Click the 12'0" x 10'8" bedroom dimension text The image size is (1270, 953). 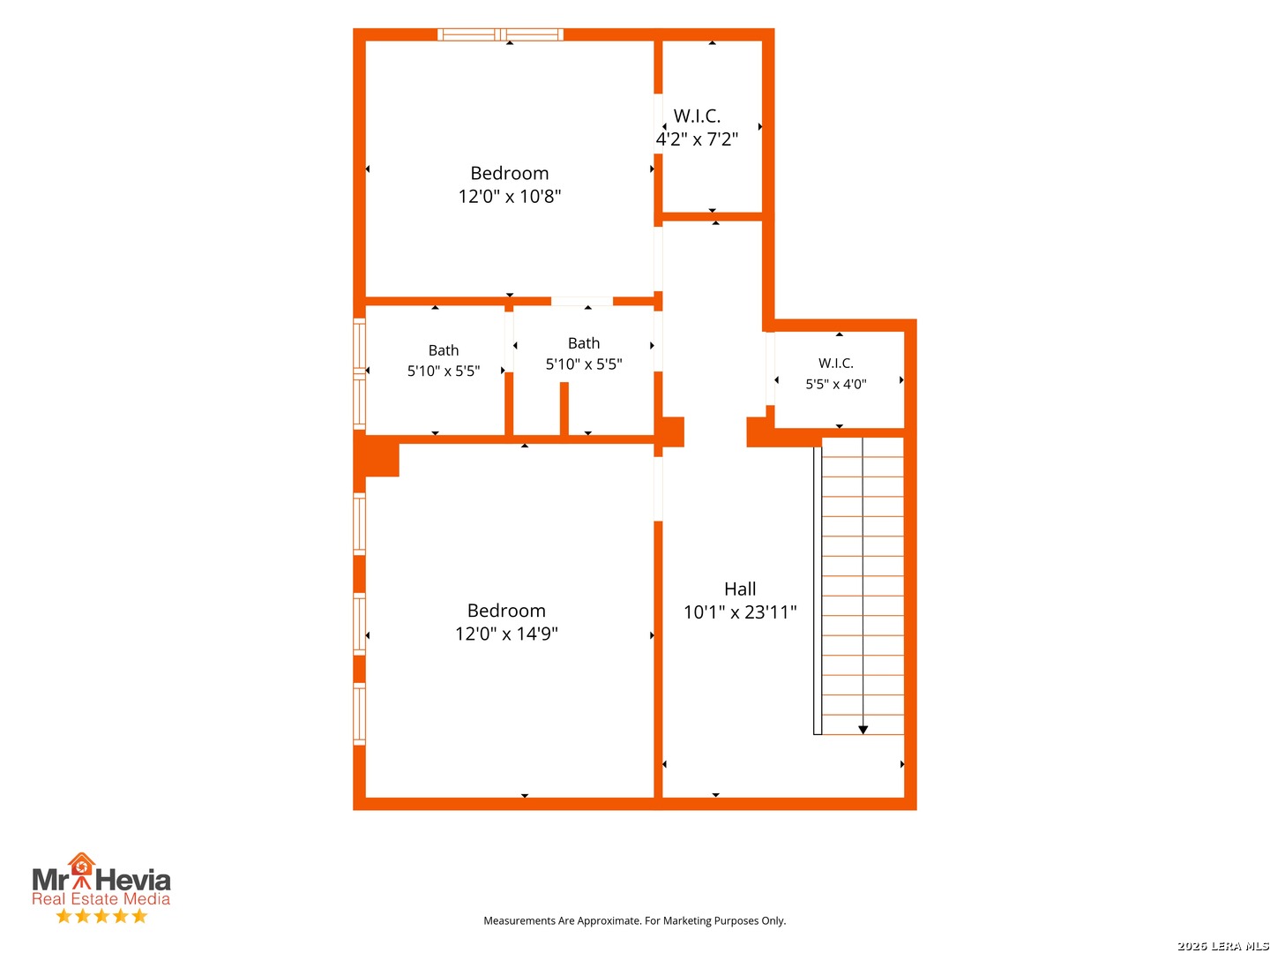[509, 197]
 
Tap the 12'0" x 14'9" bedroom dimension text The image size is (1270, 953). [506, 634]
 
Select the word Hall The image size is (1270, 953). [740, 589]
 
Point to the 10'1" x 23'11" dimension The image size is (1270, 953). [740, 612]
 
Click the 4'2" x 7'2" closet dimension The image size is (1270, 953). [697, 139]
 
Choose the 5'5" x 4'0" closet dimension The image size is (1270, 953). [836, 384]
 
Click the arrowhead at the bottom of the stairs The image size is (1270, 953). [863, 731]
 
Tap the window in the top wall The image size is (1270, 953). [500, 34]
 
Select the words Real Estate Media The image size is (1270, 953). [101, 899]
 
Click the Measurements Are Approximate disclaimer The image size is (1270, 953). [634, 920]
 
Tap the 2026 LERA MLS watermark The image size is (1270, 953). [1222, 946]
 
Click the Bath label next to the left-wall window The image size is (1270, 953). [444, 350]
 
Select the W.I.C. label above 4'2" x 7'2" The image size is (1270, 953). [697, 116]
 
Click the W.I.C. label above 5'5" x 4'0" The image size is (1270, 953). [835, 364]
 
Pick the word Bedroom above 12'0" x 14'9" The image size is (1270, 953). [506, 611]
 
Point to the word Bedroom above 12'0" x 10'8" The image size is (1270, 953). [509, 173]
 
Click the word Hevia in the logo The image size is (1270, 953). [133, 881]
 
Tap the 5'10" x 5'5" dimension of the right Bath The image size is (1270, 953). [584, 364]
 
